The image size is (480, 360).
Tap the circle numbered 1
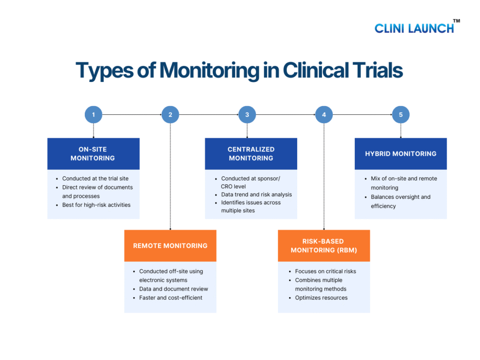coord(93,114)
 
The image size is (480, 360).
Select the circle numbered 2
coord(170,114)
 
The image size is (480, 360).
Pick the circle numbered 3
coord(247,114)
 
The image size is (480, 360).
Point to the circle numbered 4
coord(324,114)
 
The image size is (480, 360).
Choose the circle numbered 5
coord(401,114)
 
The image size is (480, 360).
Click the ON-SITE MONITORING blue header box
coord(93,154)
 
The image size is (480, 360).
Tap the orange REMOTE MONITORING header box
coord(170,246)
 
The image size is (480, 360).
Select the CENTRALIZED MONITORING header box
coord(251,154)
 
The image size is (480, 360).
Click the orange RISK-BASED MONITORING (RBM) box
coord(324,246)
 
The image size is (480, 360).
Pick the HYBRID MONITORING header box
coord(401,154)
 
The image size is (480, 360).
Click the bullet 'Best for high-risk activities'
coord(96,205)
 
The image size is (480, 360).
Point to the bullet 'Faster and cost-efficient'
coord(170,298)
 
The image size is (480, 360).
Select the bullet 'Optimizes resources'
coord(321,298)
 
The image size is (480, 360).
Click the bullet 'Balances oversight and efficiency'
coord(400,202)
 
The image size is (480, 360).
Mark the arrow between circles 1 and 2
coord(132,114)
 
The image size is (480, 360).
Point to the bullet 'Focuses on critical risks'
coord(325,271)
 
